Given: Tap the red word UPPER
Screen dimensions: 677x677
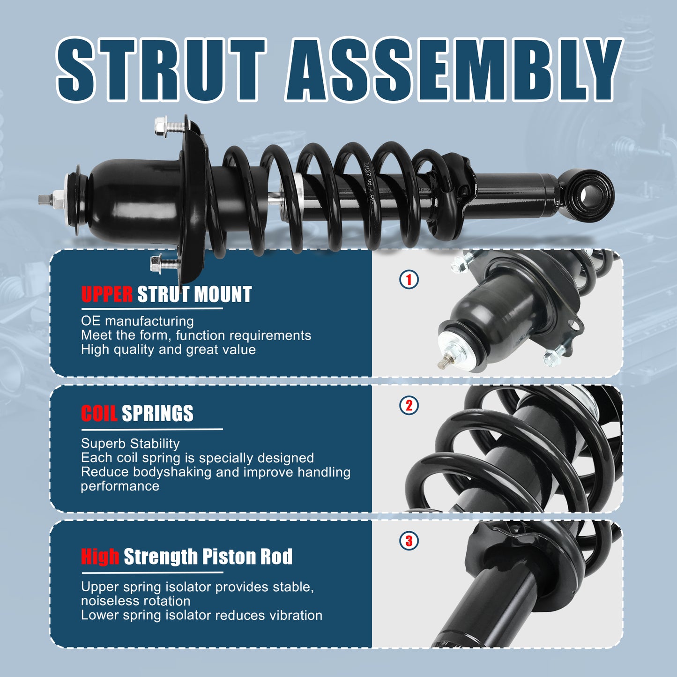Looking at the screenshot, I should (x=107, y=295).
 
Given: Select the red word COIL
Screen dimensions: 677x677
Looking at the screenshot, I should (x=99, y=414).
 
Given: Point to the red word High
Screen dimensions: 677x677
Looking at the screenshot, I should (x=100, y=557).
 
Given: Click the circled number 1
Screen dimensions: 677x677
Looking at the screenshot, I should (x=409, y=280).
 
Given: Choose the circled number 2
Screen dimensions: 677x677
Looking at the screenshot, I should (x=409, y=405).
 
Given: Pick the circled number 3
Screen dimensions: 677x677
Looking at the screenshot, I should (x=409, y=541).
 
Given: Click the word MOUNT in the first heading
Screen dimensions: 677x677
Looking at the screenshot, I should (x=223, y=295).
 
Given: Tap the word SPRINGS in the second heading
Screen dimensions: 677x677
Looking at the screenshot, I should (x=157, y=414).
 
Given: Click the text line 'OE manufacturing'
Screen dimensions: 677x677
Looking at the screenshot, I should (x=137, y=321).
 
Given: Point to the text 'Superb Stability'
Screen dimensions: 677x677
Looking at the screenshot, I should (x=130, y=443).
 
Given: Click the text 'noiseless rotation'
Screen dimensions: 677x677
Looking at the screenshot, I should (x=135, y=601).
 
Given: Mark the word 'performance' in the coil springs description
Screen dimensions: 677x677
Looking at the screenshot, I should (x=120, y=486).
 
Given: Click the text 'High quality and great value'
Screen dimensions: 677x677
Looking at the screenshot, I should (x=168, y=350).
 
